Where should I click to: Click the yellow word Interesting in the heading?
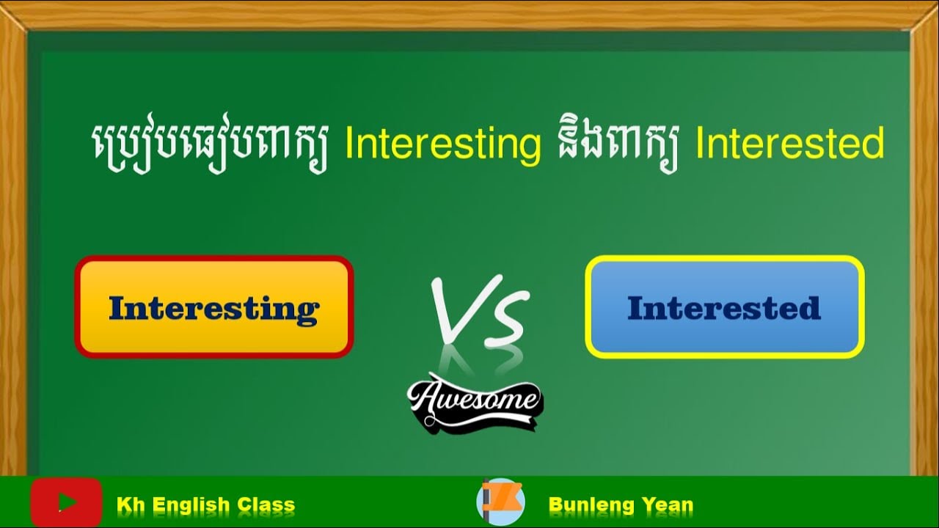pyautogui.click(x=442, y=144)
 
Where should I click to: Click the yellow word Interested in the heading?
pyautogui.click(x=789, y=144)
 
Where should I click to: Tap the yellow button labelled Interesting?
pyautogui.click(x=213, y=307)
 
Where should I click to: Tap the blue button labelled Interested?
pyautogui.click(x=724, y=307)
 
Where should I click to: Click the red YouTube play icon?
pyautogui.click(x=66, y=502)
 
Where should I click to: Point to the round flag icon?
pyautogui.click(x=500, y=502)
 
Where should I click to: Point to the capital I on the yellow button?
pyautogui.click(x=117, y=308)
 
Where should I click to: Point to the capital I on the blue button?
pyautogui.click(x=635, y=308)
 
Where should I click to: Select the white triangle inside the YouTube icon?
pyautogui.click(x=67, y=502)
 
